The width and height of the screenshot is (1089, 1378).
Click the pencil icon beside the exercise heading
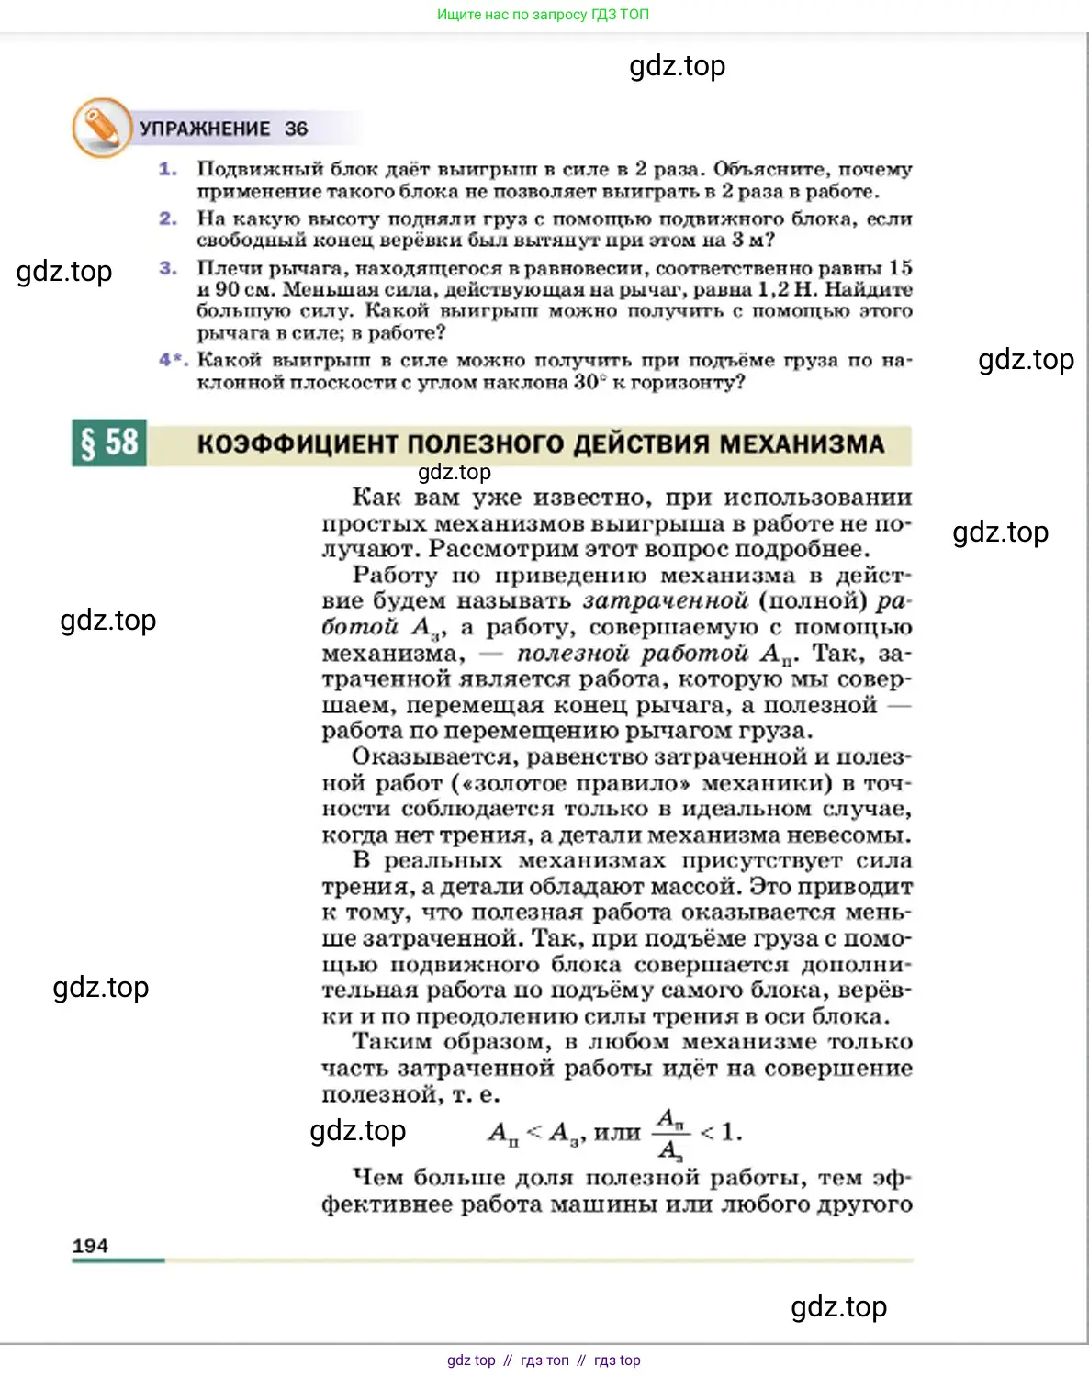(102, 128)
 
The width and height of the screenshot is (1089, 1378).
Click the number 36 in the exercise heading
(296, 129)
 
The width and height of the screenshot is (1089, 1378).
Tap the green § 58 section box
(109, 443)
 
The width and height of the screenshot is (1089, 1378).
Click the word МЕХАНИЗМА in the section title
(802, 444)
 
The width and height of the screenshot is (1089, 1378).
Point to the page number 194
(90, 1246)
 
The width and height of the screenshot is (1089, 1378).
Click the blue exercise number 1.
(167, 169)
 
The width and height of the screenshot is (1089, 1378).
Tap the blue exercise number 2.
(167, 218)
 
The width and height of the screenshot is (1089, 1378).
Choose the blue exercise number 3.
(167, 268)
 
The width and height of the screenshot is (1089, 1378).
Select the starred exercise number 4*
(173, 360)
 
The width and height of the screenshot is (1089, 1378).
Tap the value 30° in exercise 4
(589, 382)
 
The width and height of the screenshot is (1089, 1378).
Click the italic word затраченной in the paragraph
(666, 601)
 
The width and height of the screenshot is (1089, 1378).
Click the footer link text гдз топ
(544, 1361)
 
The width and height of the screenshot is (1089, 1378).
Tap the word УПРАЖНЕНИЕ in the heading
(205, 129)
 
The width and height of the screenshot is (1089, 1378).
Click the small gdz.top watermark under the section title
(455, 472)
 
